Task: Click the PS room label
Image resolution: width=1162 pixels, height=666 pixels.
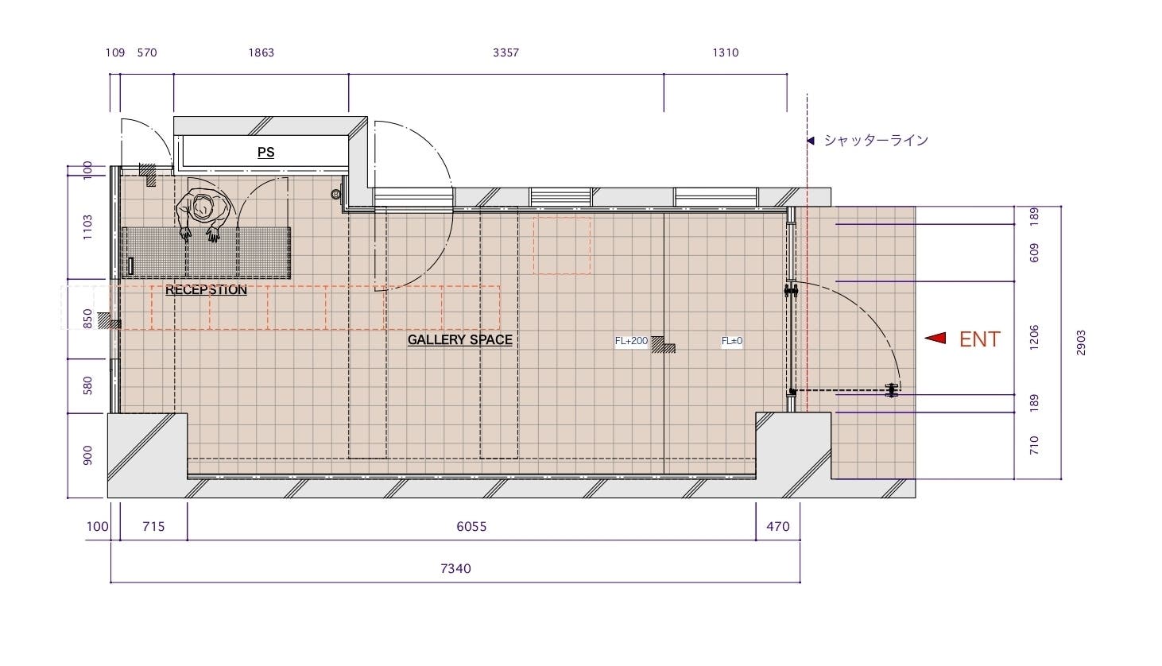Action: click(x=265, y=153)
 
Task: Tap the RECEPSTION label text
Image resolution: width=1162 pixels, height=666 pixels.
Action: click(x=206, y=290)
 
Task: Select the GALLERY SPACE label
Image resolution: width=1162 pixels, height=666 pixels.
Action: click(x=459, y=340)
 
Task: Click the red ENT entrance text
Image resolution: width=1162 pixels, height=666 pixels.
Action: click(x=979, y=339)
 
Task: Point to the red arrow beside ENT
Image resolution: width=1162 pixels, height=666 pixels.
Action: click(x=935, y=339)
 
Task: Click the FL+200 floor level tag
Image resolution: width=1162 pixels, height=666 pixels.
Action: click(x=631, y=341)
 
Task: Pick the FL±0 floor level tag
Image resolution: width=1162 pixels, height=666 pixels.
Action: click(x=731, y=341)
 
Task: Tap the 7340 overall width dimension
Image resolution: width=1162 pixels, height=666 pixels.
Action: click(x=455, y=568)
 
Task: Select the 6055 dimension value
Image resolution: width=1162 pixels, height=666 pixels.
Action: click(x=471, y=526)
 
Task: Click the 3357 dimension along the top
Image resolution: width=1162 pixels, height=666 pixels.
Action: click(x=505, y=52)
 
